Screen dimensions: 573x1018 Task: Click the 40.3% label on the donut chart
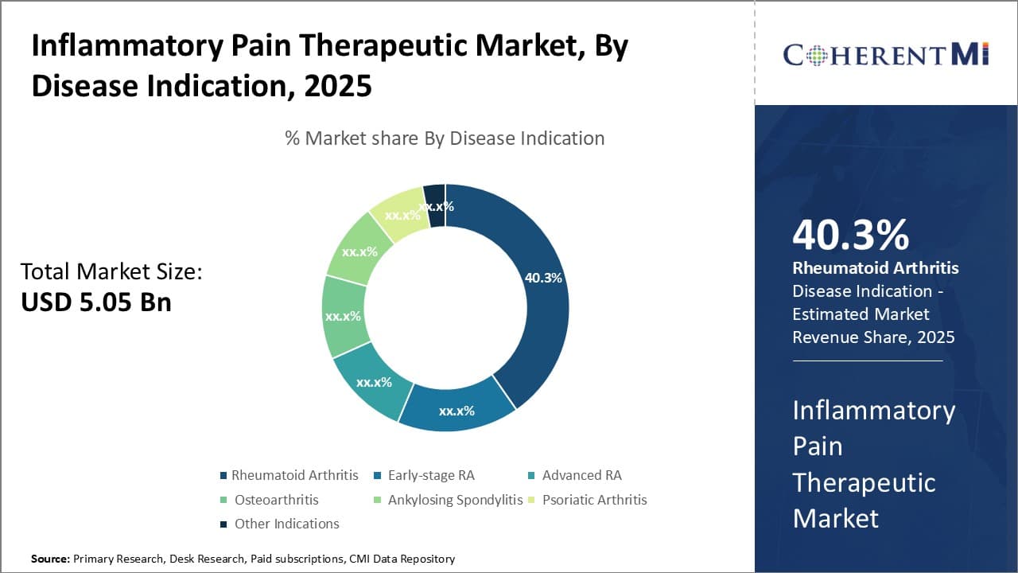tap(543, 278)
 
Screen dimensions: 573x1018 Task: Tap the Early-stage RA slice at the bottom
tap(457, 411)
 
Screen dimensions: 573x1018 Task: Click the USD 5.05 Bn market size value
tap(96, 302)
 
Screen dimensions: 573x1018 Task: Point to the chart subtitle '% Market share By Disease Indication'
tap(445, 138)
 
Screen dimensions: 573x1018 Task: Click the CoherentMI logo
tap(885, 54)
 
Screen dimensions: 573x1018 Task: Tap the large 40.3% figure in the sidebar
tap(850, 235)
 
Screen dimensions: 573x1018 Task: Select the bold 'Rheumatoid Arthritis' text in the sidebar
tap(875, 267)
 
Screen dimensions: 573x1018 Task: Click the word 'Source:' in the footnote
tap(50, 559)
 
